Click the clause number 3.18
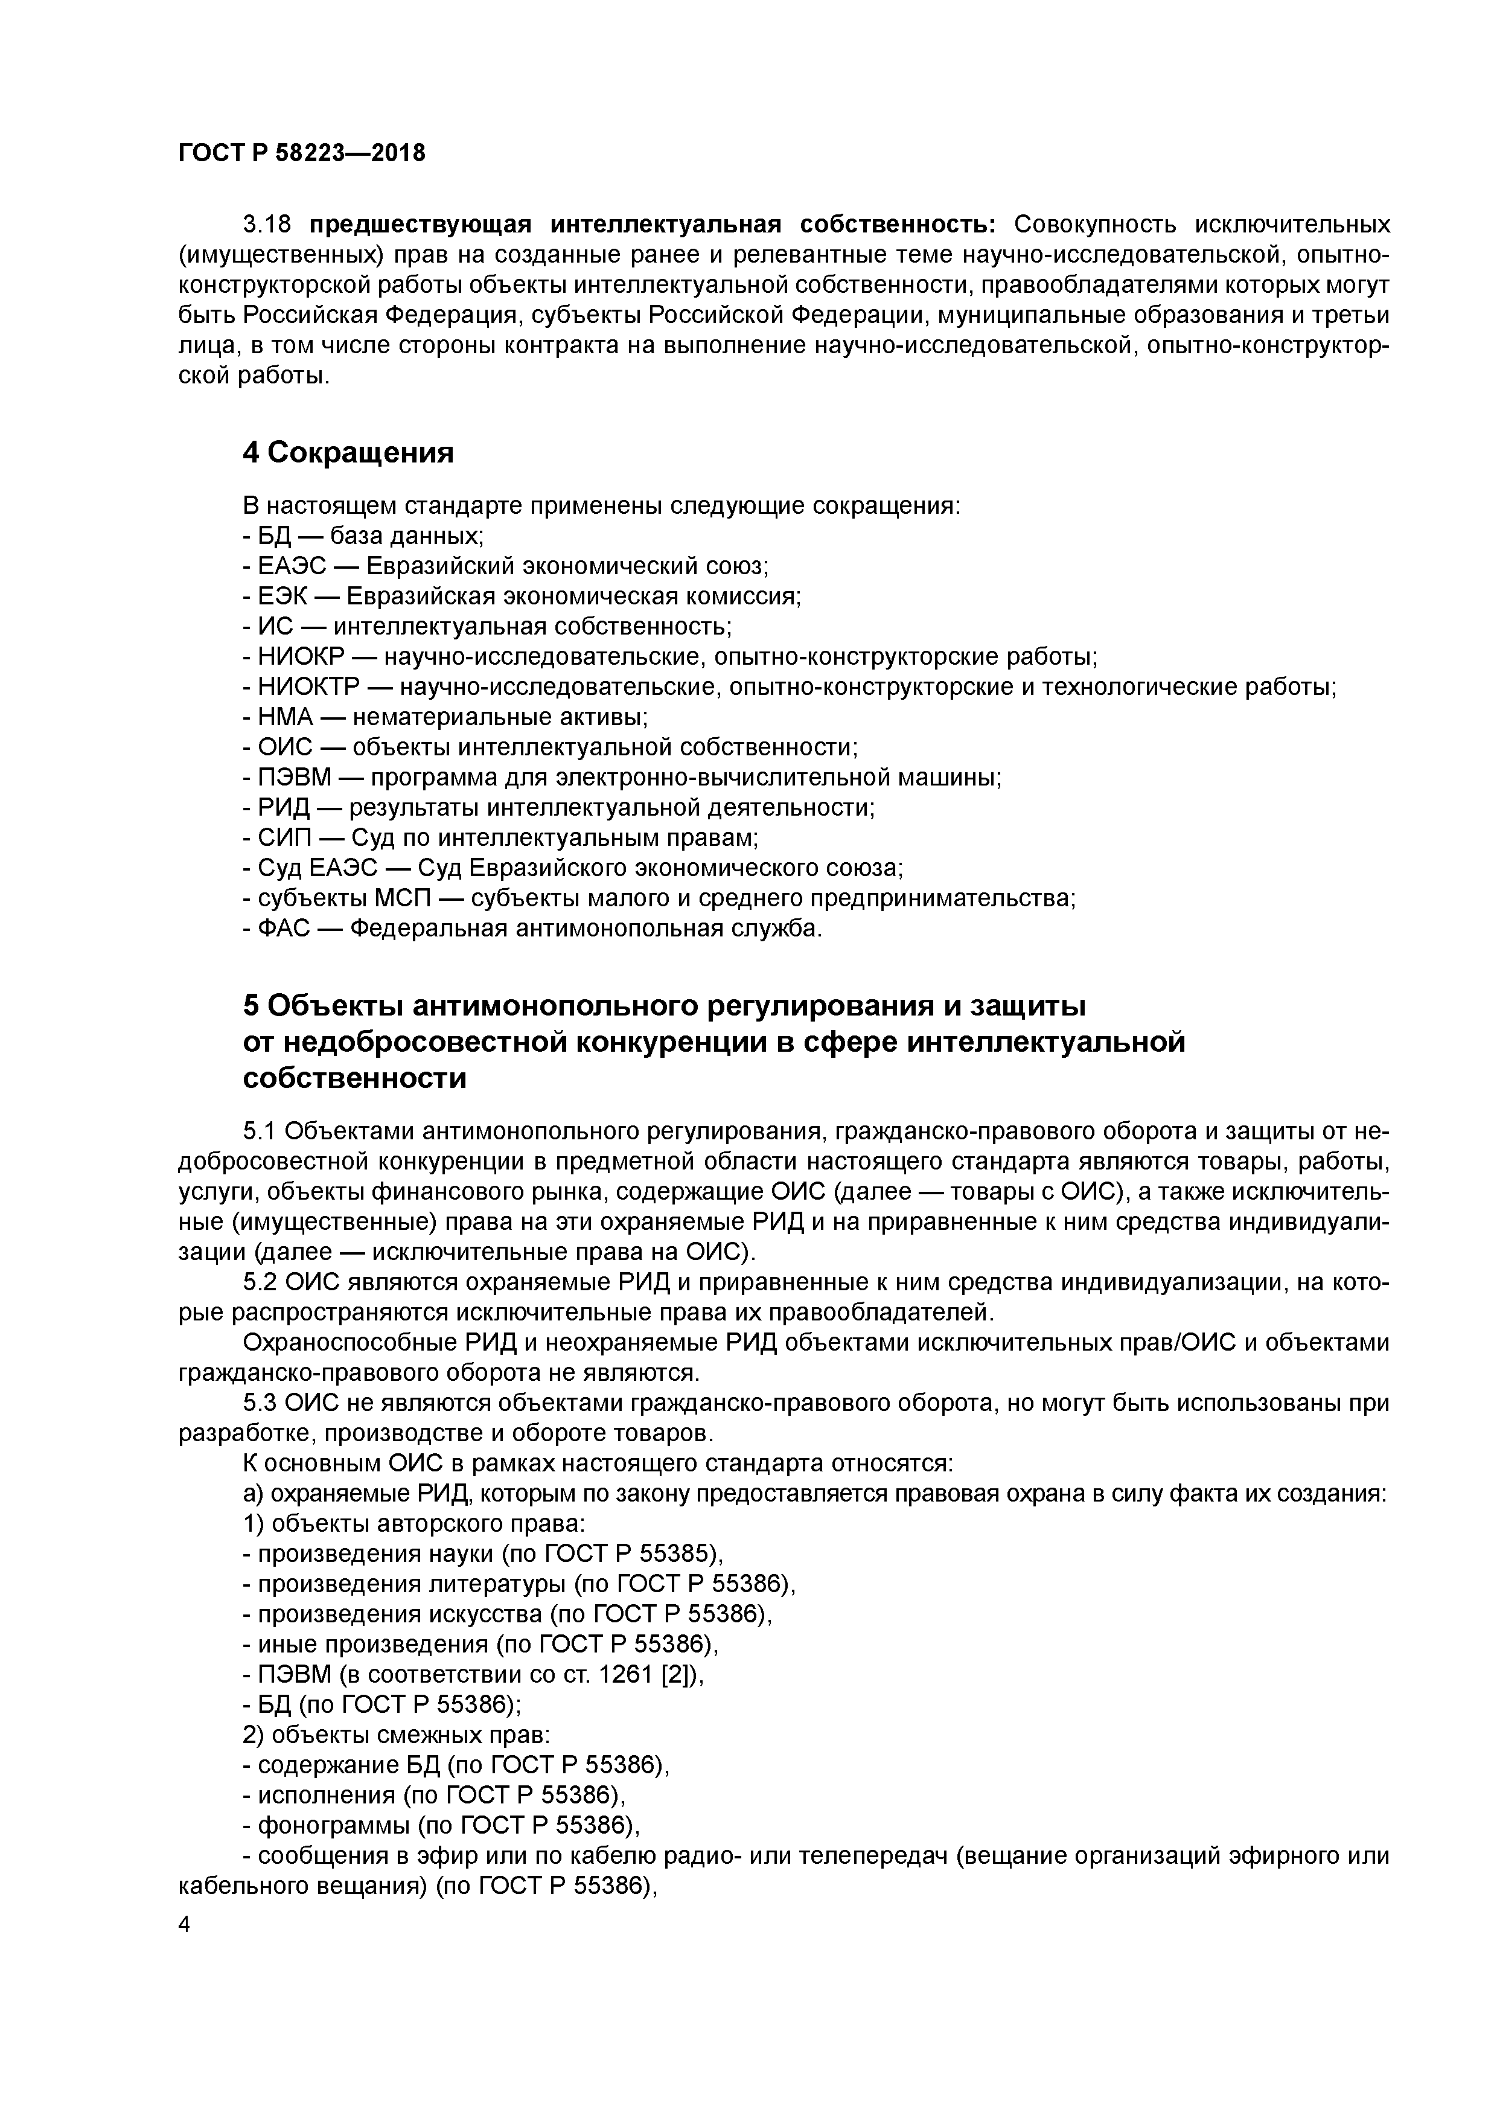(x=267, y=224)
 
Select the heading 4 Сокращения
(x=349, y=453)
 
